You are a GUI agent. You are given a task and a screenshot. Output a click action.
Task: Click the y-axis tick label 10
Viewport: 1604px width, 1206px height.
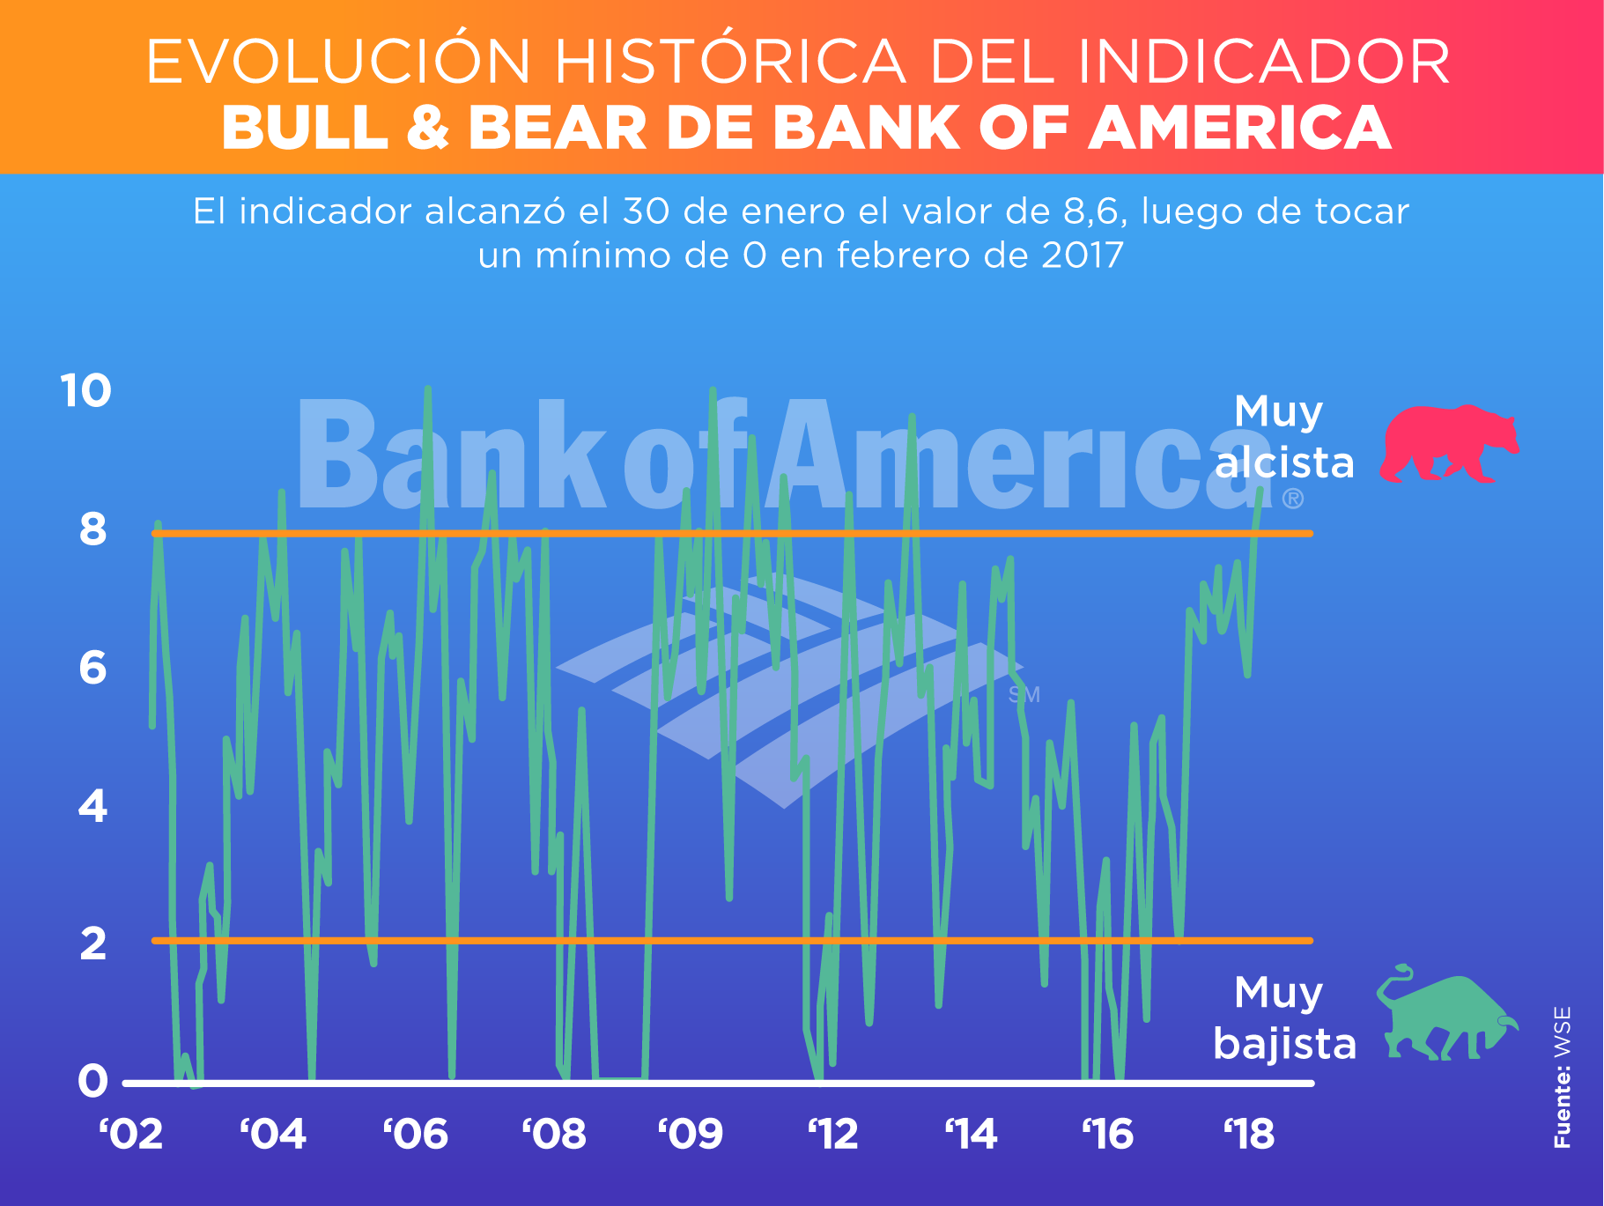(86, 390)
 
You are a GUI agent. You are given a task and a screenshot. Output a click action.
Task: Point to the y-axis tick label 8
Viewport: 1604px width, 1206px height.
(92, 529)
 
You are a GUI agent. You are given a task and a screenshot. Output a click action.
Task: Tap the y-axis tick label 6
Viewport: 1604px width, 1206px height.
(92, 668)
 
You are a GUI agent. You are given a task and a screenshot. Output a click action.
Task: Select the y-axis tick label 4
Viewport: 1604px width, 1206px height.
(92, 806)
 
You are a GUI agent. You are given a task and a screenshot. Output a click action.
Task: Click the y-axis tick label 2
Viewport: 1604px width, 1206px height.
(92, 943)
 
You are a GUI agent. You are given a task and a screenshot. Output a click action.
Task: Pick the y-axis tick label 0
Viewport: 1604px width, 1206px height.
(92, 1081)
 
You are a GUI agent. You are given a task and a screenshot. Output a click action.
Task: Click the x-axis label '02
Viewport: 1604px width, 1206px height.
(131, 1135)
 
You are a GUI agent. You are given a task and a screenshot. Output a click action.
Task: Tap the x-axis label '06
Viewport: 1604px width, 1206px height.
(416, 1135)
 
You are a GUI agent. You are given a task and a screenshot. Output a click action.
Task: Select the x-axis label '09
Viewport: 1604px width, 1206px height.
(691, 1135)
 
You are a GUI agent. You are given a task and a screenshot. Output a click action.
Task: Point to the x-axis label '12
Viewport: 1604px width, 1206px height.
(833, 1135)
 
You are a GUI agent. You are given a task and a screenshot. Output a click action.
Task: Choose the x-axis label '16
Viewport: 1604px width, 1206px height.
(1108, 1135)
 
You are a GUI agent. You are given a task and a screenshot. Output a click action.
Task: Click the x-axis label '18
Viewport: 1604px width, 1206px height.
(1249, 1135)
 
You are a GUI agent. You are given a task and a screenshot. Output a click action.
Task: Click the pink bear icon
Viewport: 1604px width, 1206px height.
(1448, 444)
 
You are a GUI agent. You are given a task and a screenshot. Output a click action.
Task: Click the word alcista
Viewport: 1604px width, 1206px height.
(1284, 463)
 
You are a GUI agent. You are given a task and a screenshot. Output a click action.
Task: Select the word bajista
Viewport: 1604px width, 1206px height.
(1284, 1045)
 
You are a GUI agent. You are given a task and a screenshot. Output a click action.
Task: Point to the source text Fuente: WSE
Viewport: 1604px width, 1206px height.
(1562, 1077)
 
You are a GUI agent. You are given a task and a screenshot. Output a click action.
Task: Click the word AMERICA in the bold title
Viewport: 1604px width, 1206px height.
(1240, 129)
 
